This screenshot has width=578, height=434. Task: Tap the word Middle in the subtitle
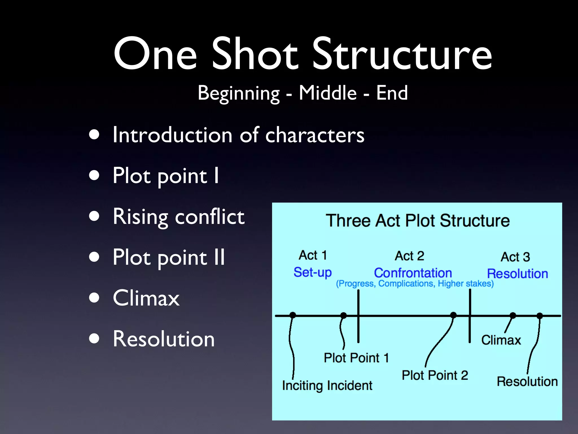click(x=328, y=93)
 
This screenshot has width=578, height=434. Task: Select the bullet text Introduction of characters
click(x=238, y=135)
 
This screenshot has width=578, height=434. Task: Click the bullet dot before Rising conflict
click(x=94, y=217)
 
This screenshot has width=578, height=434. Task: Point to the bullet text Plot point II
click(x=169, y=257)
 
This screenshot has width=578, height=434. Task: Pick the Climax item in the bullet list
click(x=146, y=298)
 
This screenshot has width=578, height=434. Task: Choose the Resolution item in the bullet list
click(x=164, y=339)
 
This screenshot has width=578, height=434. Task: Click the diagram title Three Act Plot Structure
click(x=418, y=221)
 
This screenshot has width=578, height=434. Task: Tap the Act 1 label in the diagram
click(x=313, y=255)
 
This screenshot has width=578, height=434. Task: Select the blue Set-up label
click(x=312, y=272)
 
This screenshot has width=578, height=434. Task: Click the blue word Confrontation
click(x=413, y=273)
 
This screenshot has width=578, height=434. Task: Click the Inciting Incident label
click(x=327, y=386)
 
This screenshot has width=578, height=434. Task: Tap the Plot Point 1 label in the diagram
click(x=356, y=358)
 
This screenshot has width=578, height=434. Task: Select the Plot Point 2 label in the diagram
click(x=435, y=376)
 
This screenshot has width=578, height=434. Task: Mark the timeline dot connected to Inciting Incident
click(x=293, y=315)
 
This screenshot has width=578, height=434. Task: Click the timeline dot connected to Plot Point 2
click(x=453, y=315)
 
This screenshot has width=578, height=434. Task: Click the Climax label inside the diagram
click(x=501, y=340)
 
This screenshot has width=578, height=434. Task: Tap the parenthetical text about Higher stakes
click(x=415, y=284)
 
